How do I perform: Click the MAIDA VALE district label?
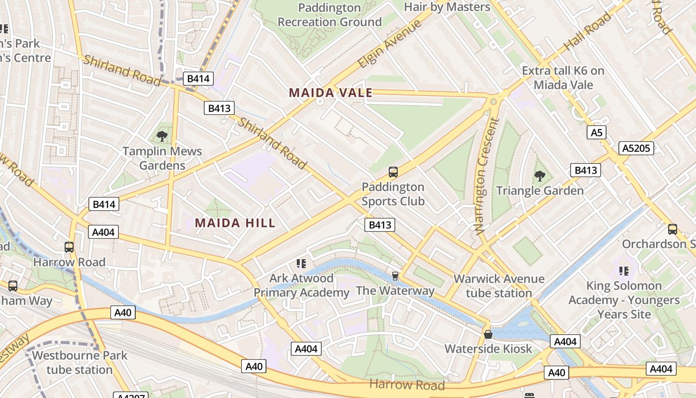[331, 93]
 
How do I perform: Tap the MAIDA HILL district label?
[235, 223]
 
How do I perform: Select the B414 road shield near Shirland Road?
[198, 78]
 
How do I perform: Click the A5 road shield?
[597, 132]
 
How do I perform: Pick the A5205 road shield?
[636, 148]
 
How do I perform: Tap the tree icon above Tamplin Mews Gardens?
[162, 136]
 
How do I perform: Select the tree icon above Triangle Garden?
[539, 176]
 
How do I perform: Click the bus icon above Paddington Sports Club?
[393, 172]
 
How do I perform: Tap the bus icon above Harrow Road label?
[69, 247]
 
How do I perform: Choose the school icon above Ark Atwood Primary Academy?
[301, 263]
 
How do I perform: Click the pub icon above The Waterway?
[395, 276]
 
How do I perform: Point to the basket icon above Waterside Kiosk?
[488, 334]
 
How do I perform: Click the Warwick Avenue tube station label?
[499, 286]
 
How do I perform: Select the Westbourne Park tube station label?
[80, 363]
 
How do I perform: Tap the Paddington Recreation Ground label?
[330, 15]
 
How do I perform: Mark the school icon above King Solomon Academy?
[624, 271]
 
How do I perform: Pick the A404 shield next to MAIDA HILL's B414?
[103, 232]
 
